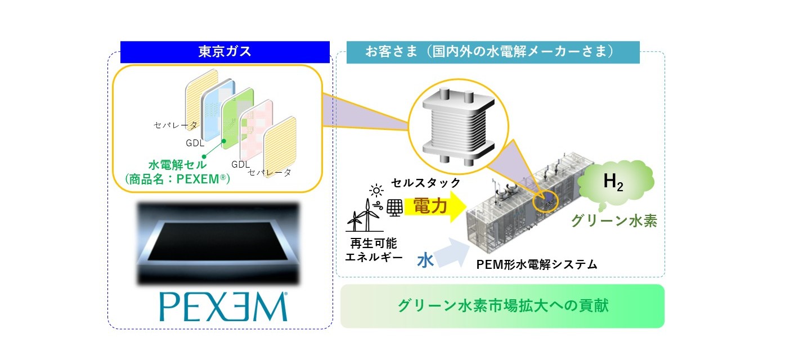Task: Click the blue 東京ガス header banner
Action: click(x=225, y=52)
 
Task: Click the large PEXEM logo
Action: click(x=223, y=307)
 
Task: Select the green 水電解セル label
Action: click(x=178, y=165)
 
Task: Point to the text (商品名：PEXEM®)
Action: click(x=178, y=179)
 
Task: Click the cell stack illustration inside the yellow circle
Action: click(x=458, y=127)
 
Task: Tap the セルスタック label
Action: click(x=426, y=183)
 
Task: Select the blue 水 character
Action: click(x=425, y=261)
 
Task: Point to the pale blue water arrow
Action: click(x=452, y=253)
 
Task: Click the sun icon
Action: click(x=376, y=191)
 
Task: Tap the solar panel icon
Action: click(x=394, y=208)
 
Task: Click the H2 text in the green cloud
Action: click(x=613, y=182)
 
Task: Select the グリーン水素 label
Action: click(x=614, y=220)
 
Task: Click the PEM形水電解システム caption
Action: click(x=537, y=265)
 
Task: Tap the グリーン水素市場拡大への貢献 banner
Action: click(x=503, y=306)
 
